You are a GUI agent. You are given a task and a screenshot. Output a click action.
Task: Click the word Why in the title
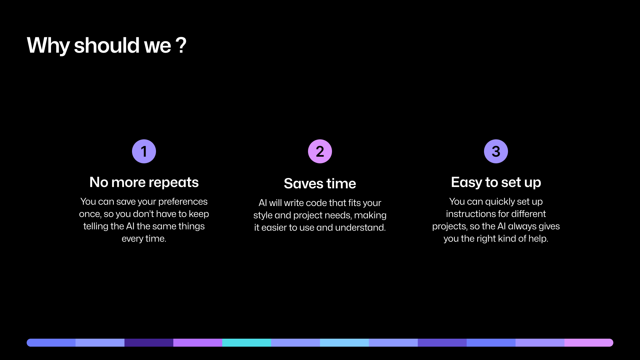pos(48,45)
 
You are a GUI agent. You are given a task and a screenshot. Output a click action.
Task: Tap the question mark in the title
pos(181,45)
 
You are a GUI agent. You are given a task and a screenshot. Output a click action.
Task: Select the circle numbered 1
pos(144,151)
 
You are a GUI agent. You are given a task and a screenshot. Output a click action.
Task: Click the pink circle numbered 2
pos(320,151)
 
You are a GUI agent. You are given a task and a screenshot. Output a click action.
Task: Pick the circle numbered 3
pos(496,151)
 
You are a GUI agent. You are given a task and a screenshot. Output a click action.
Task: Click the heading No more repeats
pos(144,182)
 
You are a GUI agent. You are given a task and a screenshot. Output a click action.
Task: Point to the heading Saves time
pos(320,184)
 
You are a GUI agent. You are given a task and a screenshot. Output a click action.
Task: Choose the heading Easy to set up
pos(496,182)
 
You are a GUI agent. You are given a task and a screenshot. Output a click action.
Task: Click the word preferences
pos(183,202)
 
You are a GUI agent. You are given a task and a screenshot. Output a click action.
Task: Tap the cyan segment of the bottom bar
pos(247,343)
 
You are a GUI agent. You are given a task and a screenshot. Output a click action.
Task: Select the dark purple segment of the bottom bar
pos(149,343)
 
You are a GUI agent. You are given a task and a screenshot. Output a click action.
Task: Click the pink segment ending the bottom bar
pos(589,343)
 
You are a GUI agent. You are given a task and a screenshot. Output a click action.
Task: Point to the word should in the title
pos(107,45)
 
